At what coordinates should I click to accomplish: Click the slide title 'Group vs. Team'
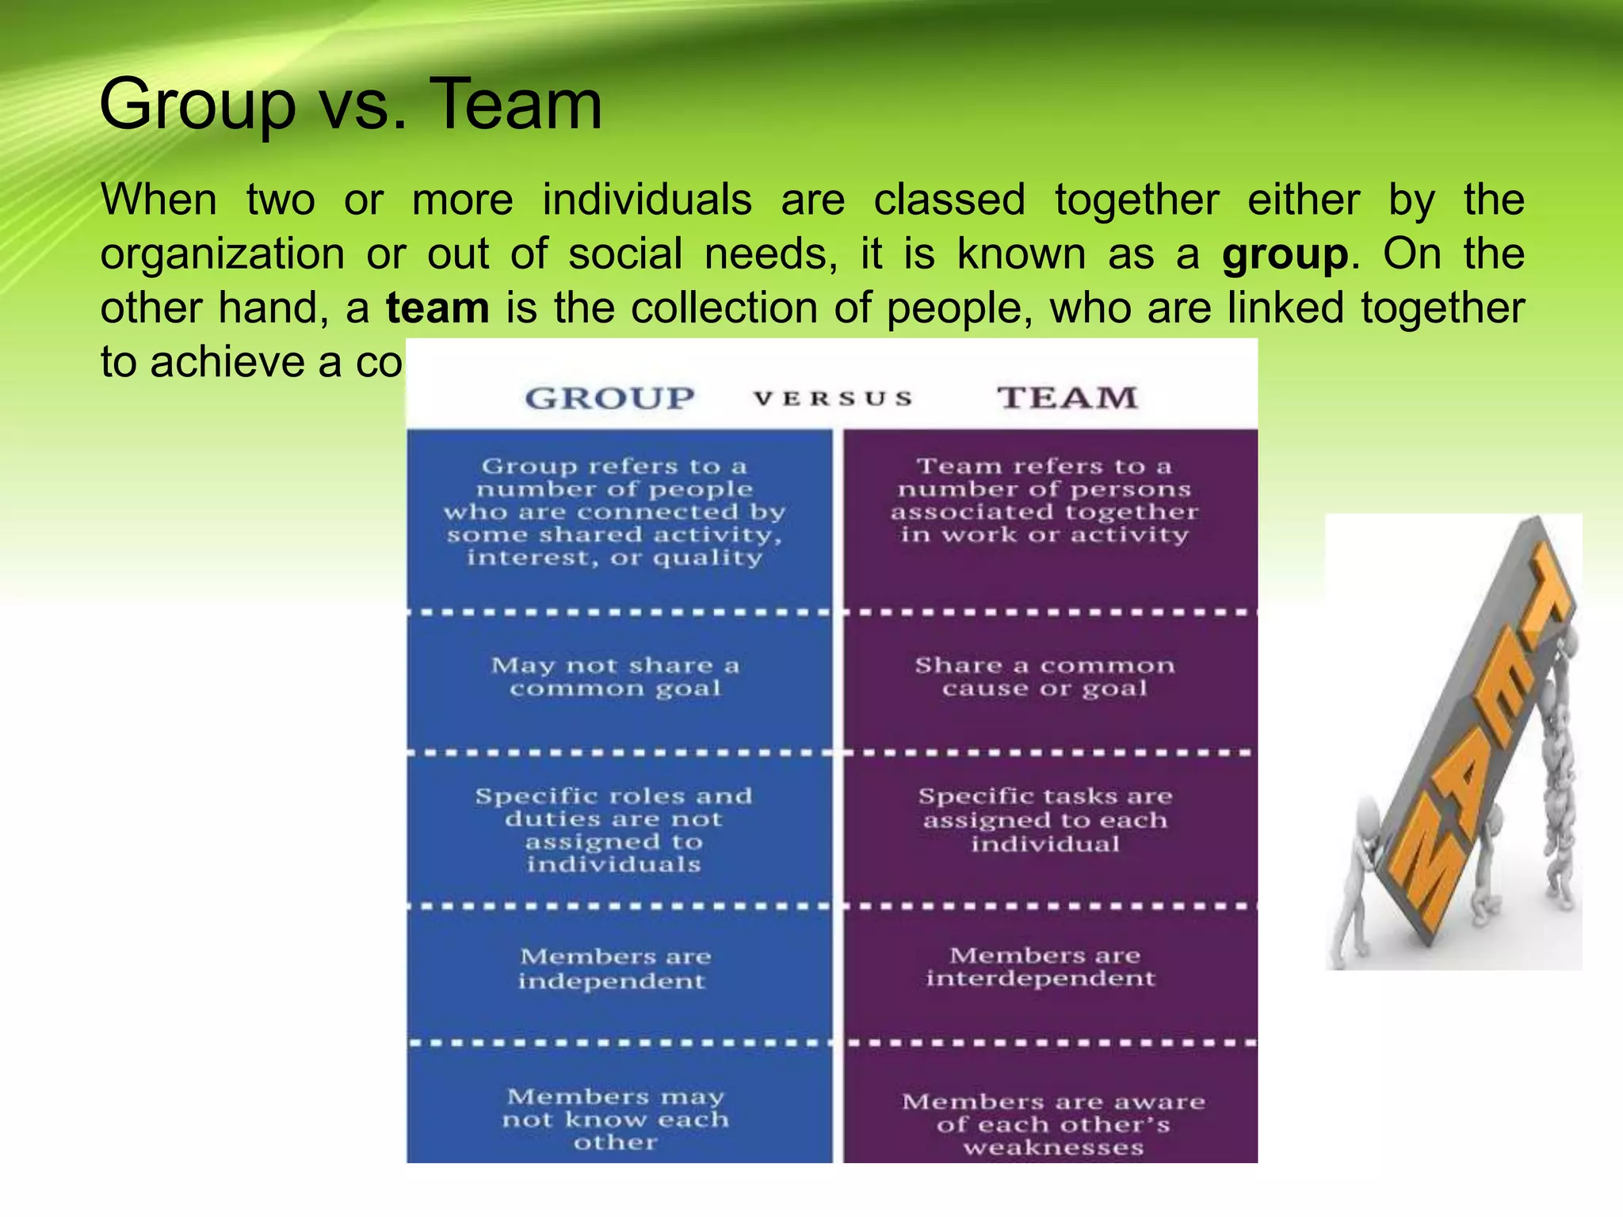click(x=350, y=105)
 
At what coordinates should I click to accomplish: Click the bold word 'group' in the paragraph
click(x=1284, y=254)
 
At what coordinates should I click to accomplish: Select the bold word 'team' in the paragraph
click(x=437, y=308)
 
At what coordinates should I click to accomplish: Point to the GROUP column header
click(x=609, y=398)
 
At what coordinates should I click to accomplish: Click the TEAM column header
click(x=1067, y=397)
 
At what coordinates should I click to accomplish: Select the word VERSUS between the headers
click(x=833, y=398)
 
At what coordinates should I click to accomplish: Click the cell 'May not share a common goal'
click(x=615, y=677)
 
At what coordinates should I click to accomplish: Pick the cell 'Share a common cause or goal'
click(x=1044, y=677)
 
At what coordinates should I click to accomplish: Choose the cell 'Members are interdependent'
click(x=1041, y=967)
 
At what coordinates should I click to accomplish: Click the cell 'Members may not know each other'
click(x=616, y=1119)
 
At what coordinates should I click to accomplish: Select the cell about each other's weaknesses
click(x=1053, y=1124)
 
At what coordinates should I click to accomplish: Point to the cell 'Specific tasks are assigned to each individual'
click(x=1045, y=819)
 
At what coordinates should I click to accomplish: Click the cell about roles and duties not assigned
click(x=614, y=830)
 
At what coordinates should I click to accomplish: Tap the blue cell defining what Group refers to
click(x=614, y=512)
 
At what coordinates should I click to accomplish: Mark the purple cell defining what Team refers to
click(x=1044, y=501)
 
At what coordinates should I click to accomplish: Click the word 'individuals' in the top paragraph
click(x=647, y=200)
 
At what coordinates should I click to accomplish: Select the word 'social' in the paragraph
click(x=625, y=254)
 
